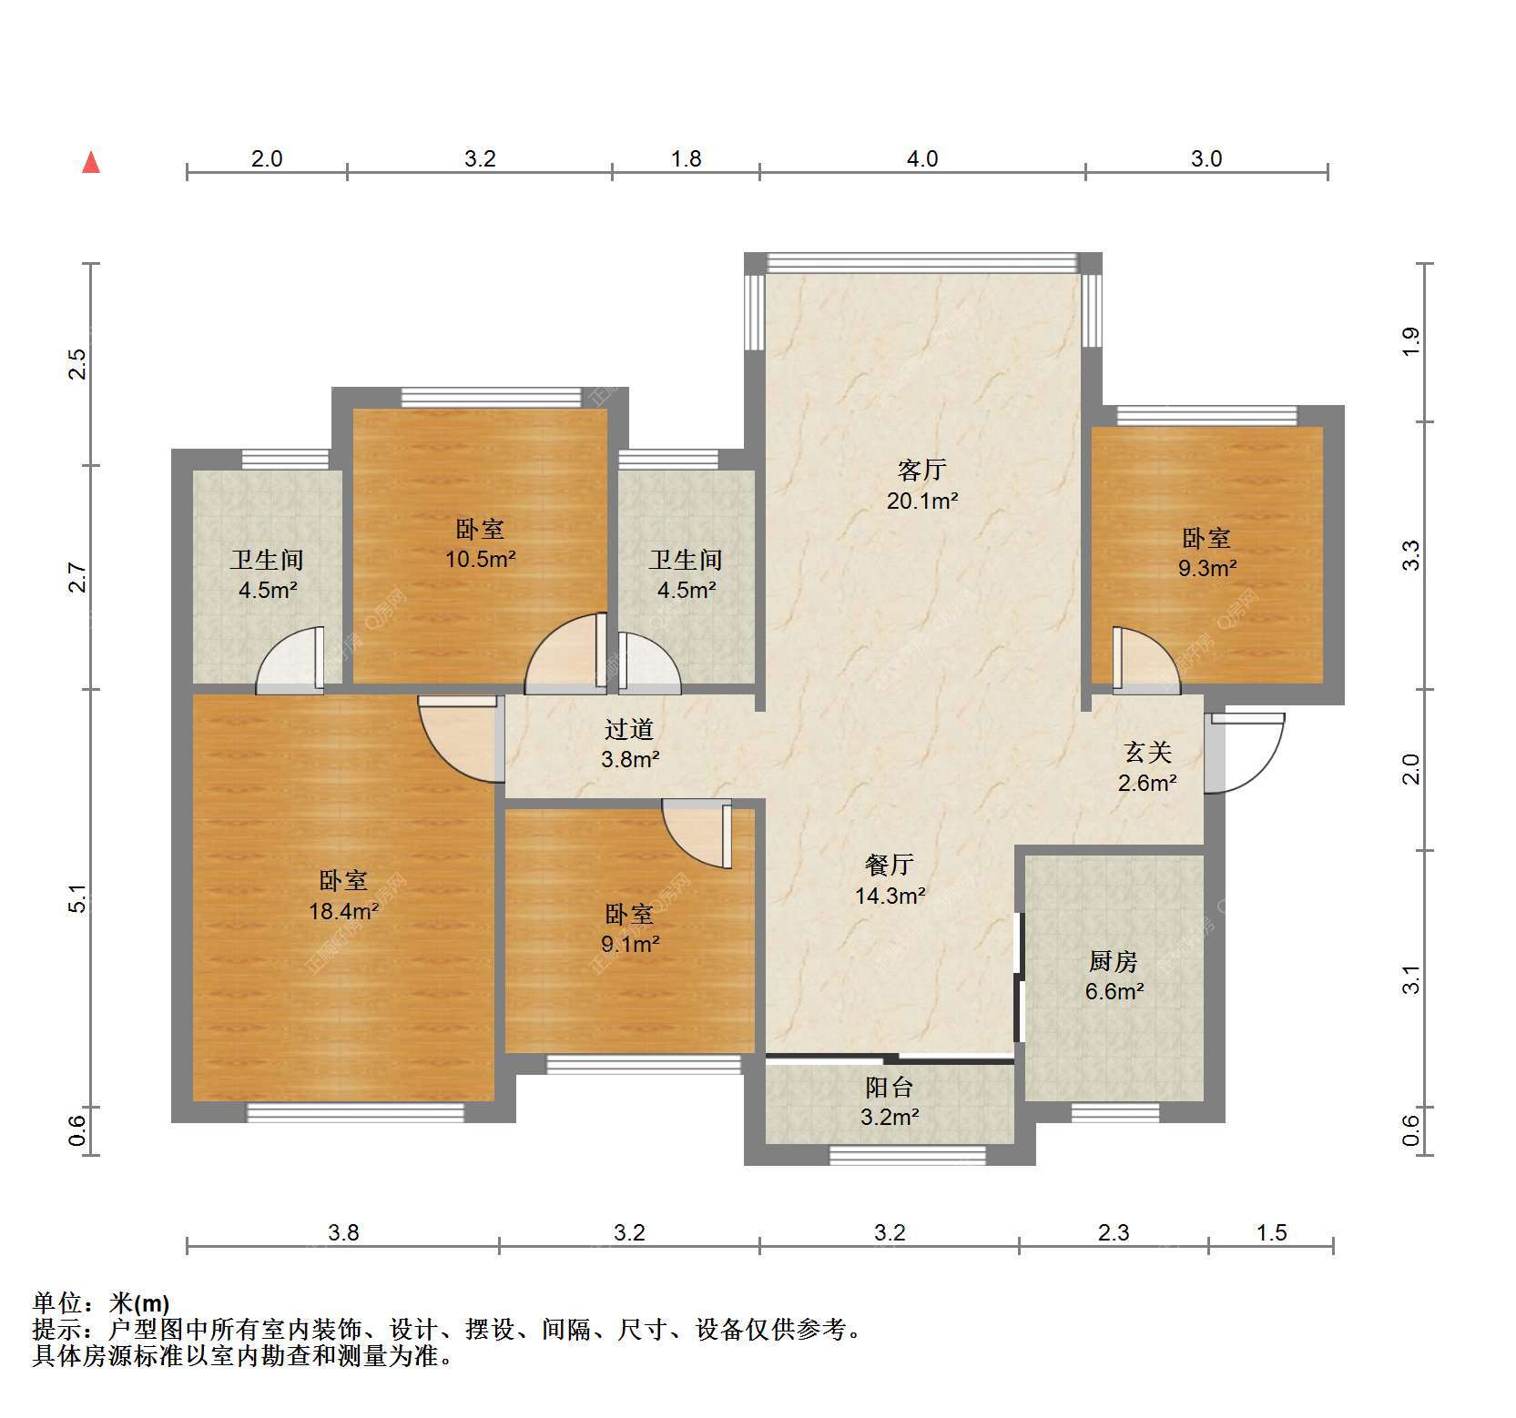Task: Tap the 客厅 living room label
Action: point(922,470)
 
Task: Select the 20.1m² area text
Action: point(922,500)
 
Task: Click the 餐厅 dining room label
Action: point(890,865)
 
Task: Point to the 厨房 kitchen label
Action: point(1114,961)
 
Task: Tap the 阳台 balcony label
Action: point(889,1087)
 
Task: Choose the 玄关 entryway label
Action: point(1147,752)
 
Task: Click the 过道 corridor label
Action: point(629,729)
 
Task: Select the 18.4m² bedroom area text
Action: point(343,910)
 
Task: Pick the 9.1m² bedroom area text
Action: point(629,944)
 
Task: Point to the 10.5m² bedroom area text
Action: point(480,559)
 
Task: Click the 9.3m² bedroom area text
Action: point(1206,568)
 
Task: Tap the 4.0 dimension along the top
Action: point(921,159)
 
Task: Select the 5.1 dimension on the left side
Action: point(79,898)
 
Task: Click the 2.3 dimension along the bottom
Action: point(1113,1232)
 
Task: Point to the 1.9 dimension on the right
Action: point(1410,341)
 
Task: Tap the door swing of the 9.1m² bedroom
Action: point(697,834)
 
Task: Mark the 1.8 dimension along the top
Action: point(686,159)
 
